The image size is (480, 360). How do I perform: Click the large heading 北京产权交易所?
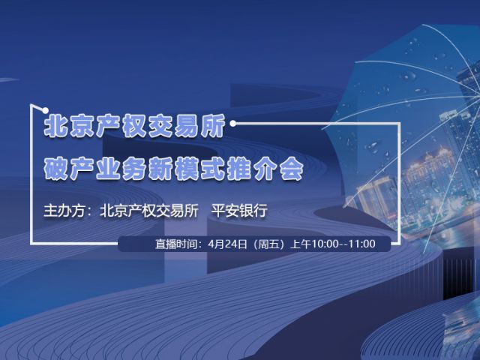coord(134,125)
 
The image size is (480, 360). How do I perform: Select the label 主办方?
coord(64,211)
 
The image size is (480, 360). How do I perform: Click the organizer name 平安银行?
coord(239,211)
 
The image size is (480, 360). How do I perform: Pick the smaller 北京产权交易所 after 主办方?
coord(149,211)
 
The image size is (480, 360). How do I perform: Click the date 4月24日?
coord(227,244)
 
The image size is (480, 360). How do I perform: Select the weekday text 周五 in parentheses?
coord(269,244)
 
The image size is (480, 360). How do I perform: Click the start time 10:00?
coord(325,244)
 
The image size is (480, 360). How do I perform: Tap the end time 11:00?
coord(362,244)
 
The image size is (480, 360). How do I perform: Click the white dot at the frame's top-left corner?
coord(45,110)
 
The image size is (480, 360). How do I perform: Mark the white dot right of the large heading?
coord(233,123)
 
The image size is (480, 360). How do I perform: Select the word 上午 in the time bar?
coord(301,244)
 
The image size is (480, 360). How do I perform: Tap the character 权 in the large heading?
coord(134,125)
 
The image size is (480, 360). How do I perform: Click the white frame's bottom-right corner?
coord(399,244)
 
